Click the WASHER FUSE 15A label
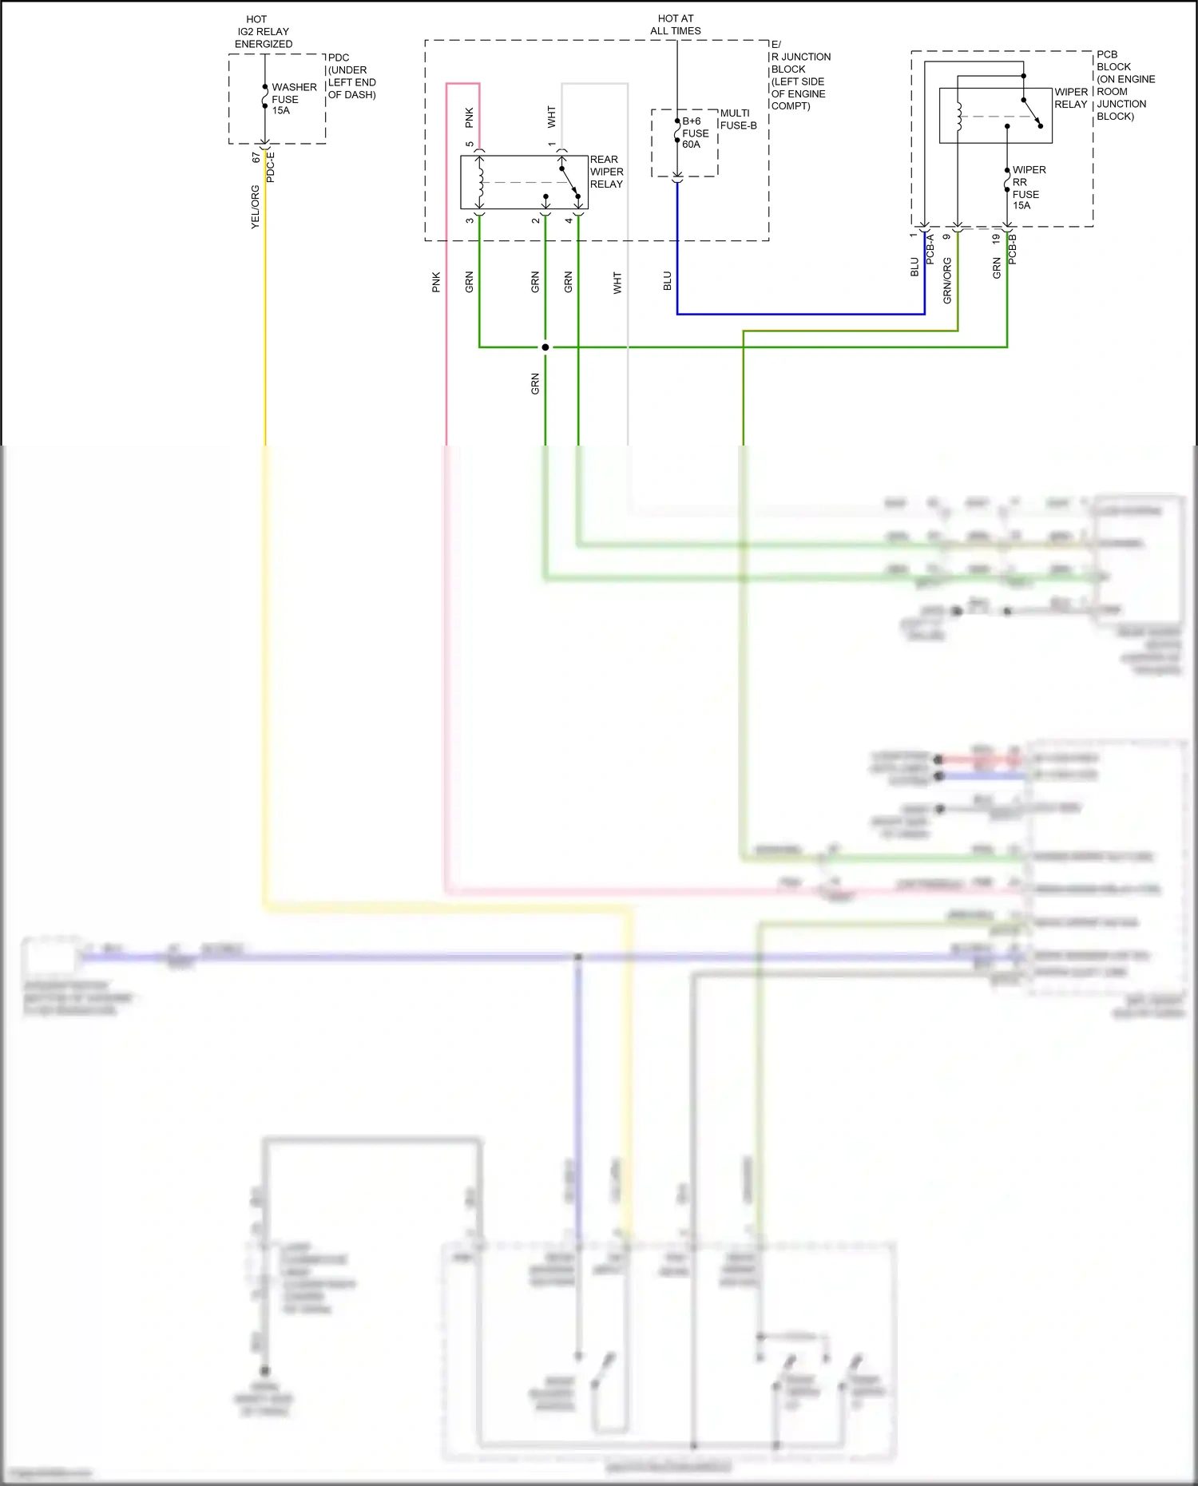293,99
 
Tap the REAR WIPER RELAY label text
606,172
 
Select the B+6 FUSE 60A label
695,133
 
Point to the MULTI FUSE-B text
738,119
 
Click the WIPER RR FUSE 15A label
1028,188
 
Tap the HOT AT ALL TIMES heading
676,25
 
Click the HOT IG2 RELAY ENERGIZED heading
263,32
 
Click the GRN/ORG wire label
947,280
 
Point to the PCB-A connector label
930,249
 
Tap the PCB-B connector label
1013,249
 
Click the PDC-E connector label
271,168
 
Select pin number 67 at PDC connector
256,158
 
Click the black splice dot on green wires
545,347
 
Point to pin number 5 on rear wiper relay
470,145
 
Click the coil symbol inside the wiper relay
959,117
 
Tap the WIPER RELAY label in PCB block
1070,98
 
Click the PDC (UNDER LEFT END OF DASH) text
351,76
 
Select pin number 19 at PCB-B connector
996,238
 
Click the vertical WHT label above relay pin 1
552,117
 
